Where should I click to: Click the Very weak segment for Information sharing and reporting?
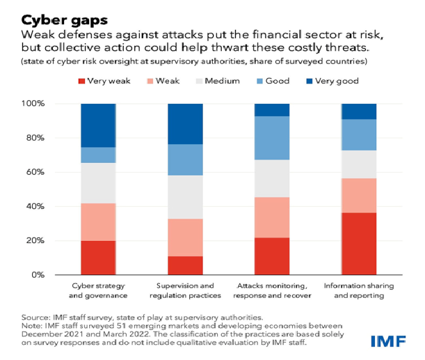point(359,244)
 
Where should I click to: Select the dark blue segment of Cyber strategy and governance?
point(99,125)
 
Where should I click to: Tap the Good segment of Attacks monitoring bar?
point(272,138)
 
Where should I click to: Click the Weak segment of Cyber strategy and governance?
point(99,222)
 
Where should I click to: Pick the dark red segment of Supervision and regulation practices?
point(185,265)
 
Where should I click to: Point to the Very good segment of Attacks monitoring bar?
point(272,110)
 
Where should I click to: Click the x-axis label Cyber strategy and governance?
point(99,291)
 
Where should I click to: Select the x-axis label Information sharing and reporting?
point(359,291)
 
